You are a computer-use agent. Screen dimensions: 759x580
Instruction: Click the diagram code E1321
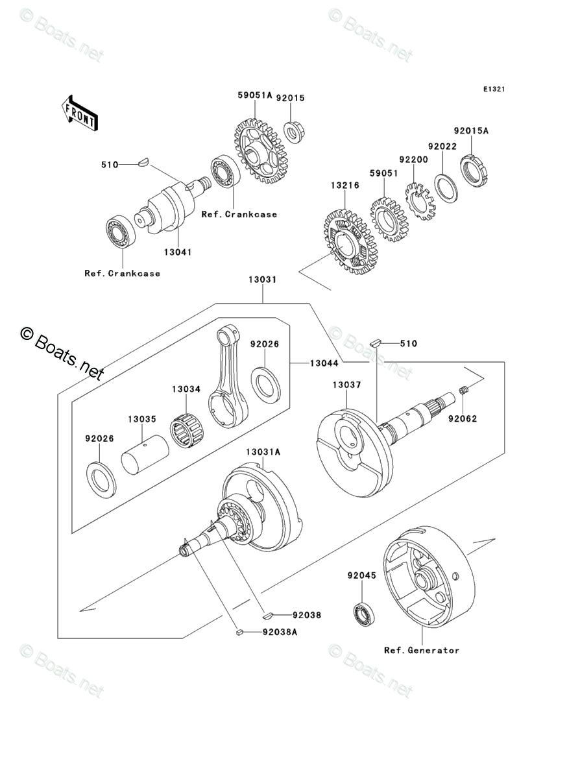coord(494,89)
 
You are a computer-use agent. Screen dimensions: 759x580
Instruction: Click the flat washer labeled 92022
coord(445,186)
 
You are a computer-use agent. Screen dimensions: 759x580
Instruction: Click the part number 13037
coord(346,385)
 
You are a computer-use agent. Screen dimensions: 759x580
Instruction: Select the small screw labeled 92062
coord(464,391)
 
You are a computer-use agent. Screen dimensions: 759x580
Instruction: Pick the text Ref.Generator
coord(421,650)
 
